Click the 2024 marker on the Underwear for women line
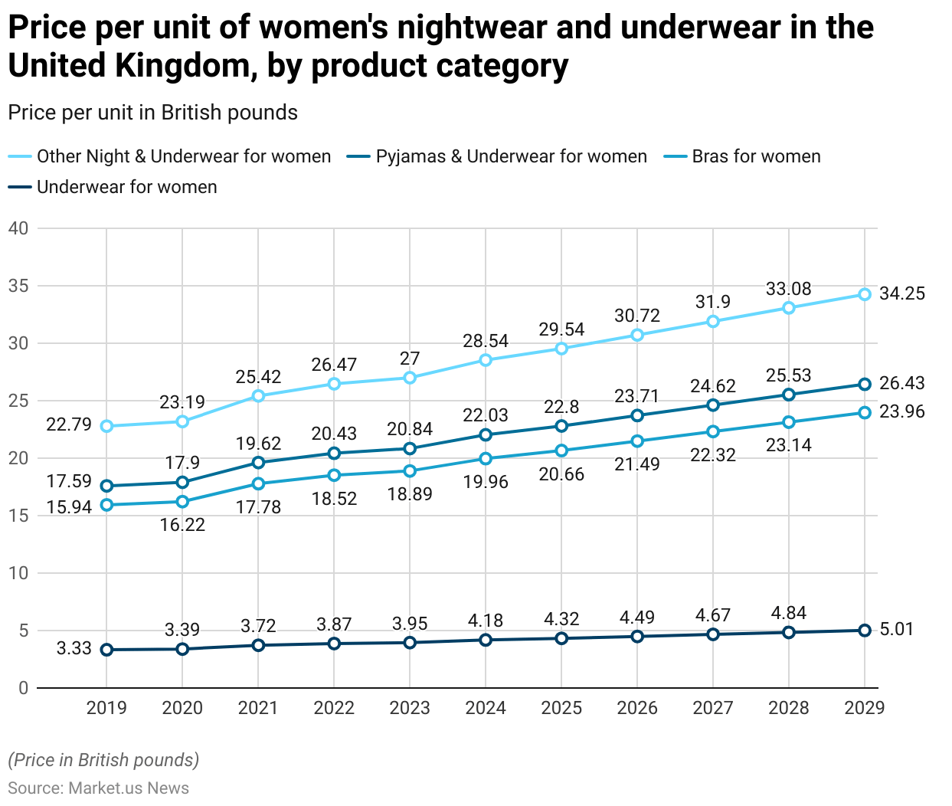point(486,640)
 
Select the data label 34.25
point(901,293)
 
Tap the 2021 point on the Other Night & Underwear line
point(258,396)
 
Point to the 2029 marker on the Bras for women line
point(865,413)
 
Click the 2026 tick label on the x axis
point(637,708)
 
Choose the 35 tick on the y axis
point(18,286)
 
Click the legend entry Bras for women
point(755,157)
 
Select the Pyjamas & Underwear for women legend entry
point(511,157)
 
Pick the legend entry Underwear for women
point(126,187)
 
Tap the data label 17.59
point(69,482)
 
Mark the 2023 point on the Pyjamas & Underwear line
point(410,448)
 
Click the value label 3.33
point(74,649)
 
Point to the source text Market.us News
point(129,788)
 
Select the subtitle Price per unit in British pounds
point(152,113)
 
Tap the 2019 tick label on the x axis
point(106,708)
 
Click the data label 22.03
point(486,415)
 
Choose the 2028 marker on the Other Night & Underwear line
point(789,308)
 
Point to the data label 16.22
point(182,525)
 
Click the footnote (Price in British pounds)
point(103,760)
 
